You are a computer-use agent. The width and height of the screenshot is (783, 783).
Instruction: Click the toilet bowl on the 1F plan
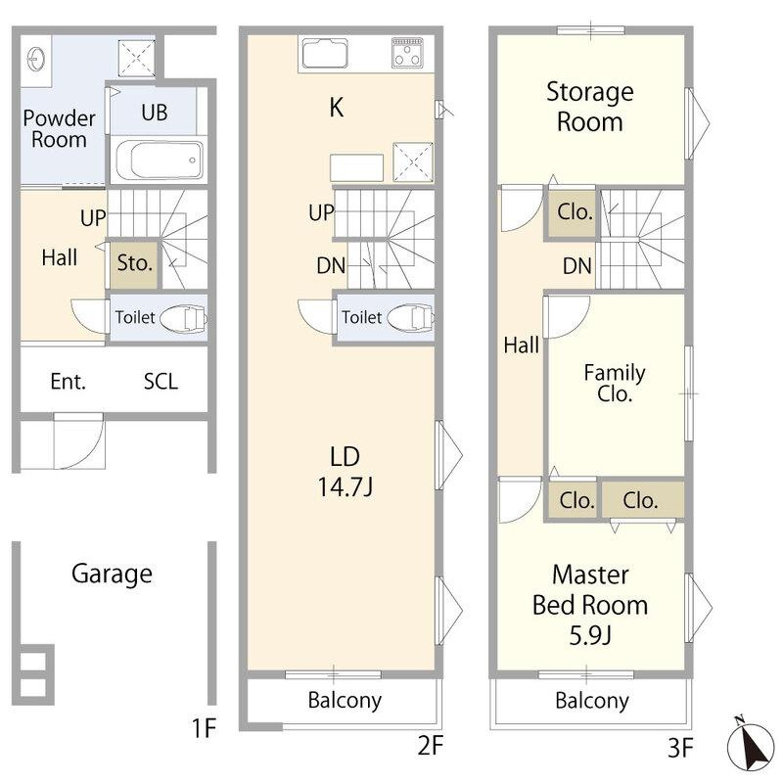pyautogui.click(x=183, y=317)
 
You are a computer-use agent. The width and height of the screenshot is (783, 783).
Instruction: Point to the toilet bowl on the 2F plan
pyautogui.click(x=410, y=317)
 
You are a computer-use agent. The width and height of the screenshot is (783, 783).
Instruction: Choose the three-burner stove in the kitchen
pyautogui.click(x=407, y=52)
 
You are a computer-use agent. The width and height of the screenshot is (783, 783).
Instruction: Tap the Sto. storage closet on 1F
pyautogui.click(x=134, y=265)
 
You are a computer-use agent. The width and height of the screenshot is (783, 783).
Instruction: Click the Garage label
pyautogui.click(x=112, y=574)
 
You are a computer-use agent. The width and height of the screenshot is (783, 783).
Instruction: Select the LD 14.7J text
pyautogui.click(x=345, y=472)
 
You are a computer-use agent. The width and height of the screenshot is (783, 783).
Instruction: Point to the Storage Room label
pyautogui.click(x=590, y=107)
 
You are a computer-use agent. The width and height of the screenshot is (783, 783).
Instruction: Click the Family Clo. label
pyautogui.click(x=615, y=383)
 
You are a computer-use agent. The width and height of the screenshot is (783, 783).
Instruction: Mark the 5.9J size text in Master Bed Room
pyautogui.click(x=590, y=635)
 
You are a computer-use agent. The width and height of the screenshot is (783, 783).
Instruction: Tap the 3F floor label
pyautogui.click(x=680, y=748)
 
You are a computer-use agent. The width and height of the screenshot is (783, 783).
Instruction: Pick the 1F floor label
pyautogui.click(x=204, y=727)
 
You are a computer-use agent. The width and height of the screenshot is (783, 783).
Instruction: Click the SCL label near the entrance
pyautogui.click(x=161, y=382)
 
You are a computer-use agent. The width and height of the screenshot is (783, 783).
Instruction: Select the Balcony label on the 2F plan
pyautogui.click(x=345, y=700)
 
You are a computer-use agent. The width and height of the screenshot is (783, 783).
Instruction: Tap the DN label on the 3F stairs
pyautogui.click(x=577, y=266)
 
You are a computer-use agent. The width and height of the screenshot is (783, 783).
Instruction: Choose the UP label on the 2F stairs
pyautogui.click(x=321, y=212)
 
